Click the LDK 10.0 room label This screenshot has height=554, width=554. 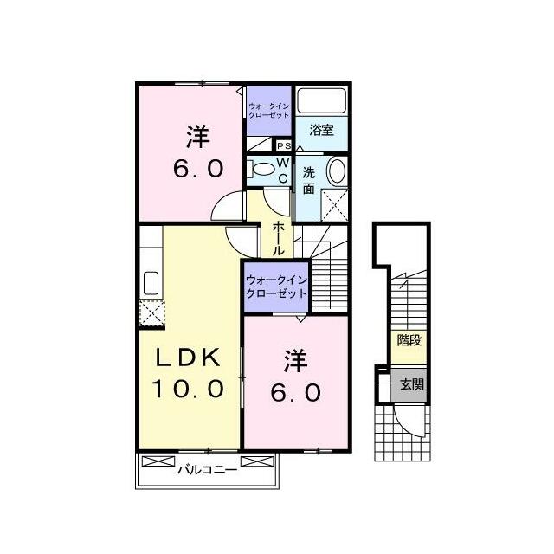coord(188,373)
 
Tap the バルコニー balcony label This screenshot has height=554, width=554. coord(207,470)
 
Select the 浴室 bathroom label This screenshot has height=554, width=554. coord(321,130)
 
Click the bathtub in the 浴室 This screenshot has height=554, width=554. coord(321,100)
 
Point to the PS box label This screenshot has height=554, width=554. coord(284,145)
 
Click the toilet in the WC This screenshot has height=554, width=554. coord(261,170)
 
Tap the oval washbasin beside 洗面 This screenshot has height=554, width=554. coord(337,171)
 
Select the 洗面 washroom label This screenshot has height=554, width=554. coord(308,181)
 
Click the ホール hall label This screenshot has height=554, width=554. coord(278,239)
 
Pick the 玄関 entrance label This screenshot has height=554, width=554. coord(412,384)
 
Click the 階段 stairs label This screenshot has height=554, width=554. coord(409,340)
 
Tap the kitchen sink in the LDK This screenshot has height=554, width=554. coord(151,283)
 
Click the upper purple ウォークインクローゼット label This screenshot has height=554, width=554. coord(269,110)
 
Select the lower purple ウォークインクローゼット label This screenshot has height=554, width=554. coord(276,287)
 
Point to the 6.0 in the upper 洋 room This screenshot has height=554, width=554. coord(198,169)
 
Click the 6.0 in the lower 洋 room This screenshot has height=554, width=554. coord(296,392)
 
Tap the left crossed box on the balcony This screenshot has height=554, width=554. coord(158,461)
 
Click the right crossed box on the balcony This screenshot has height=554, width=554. coord(257,461)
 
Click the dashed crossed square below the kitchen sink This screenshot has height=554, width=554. coord(152,313)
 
